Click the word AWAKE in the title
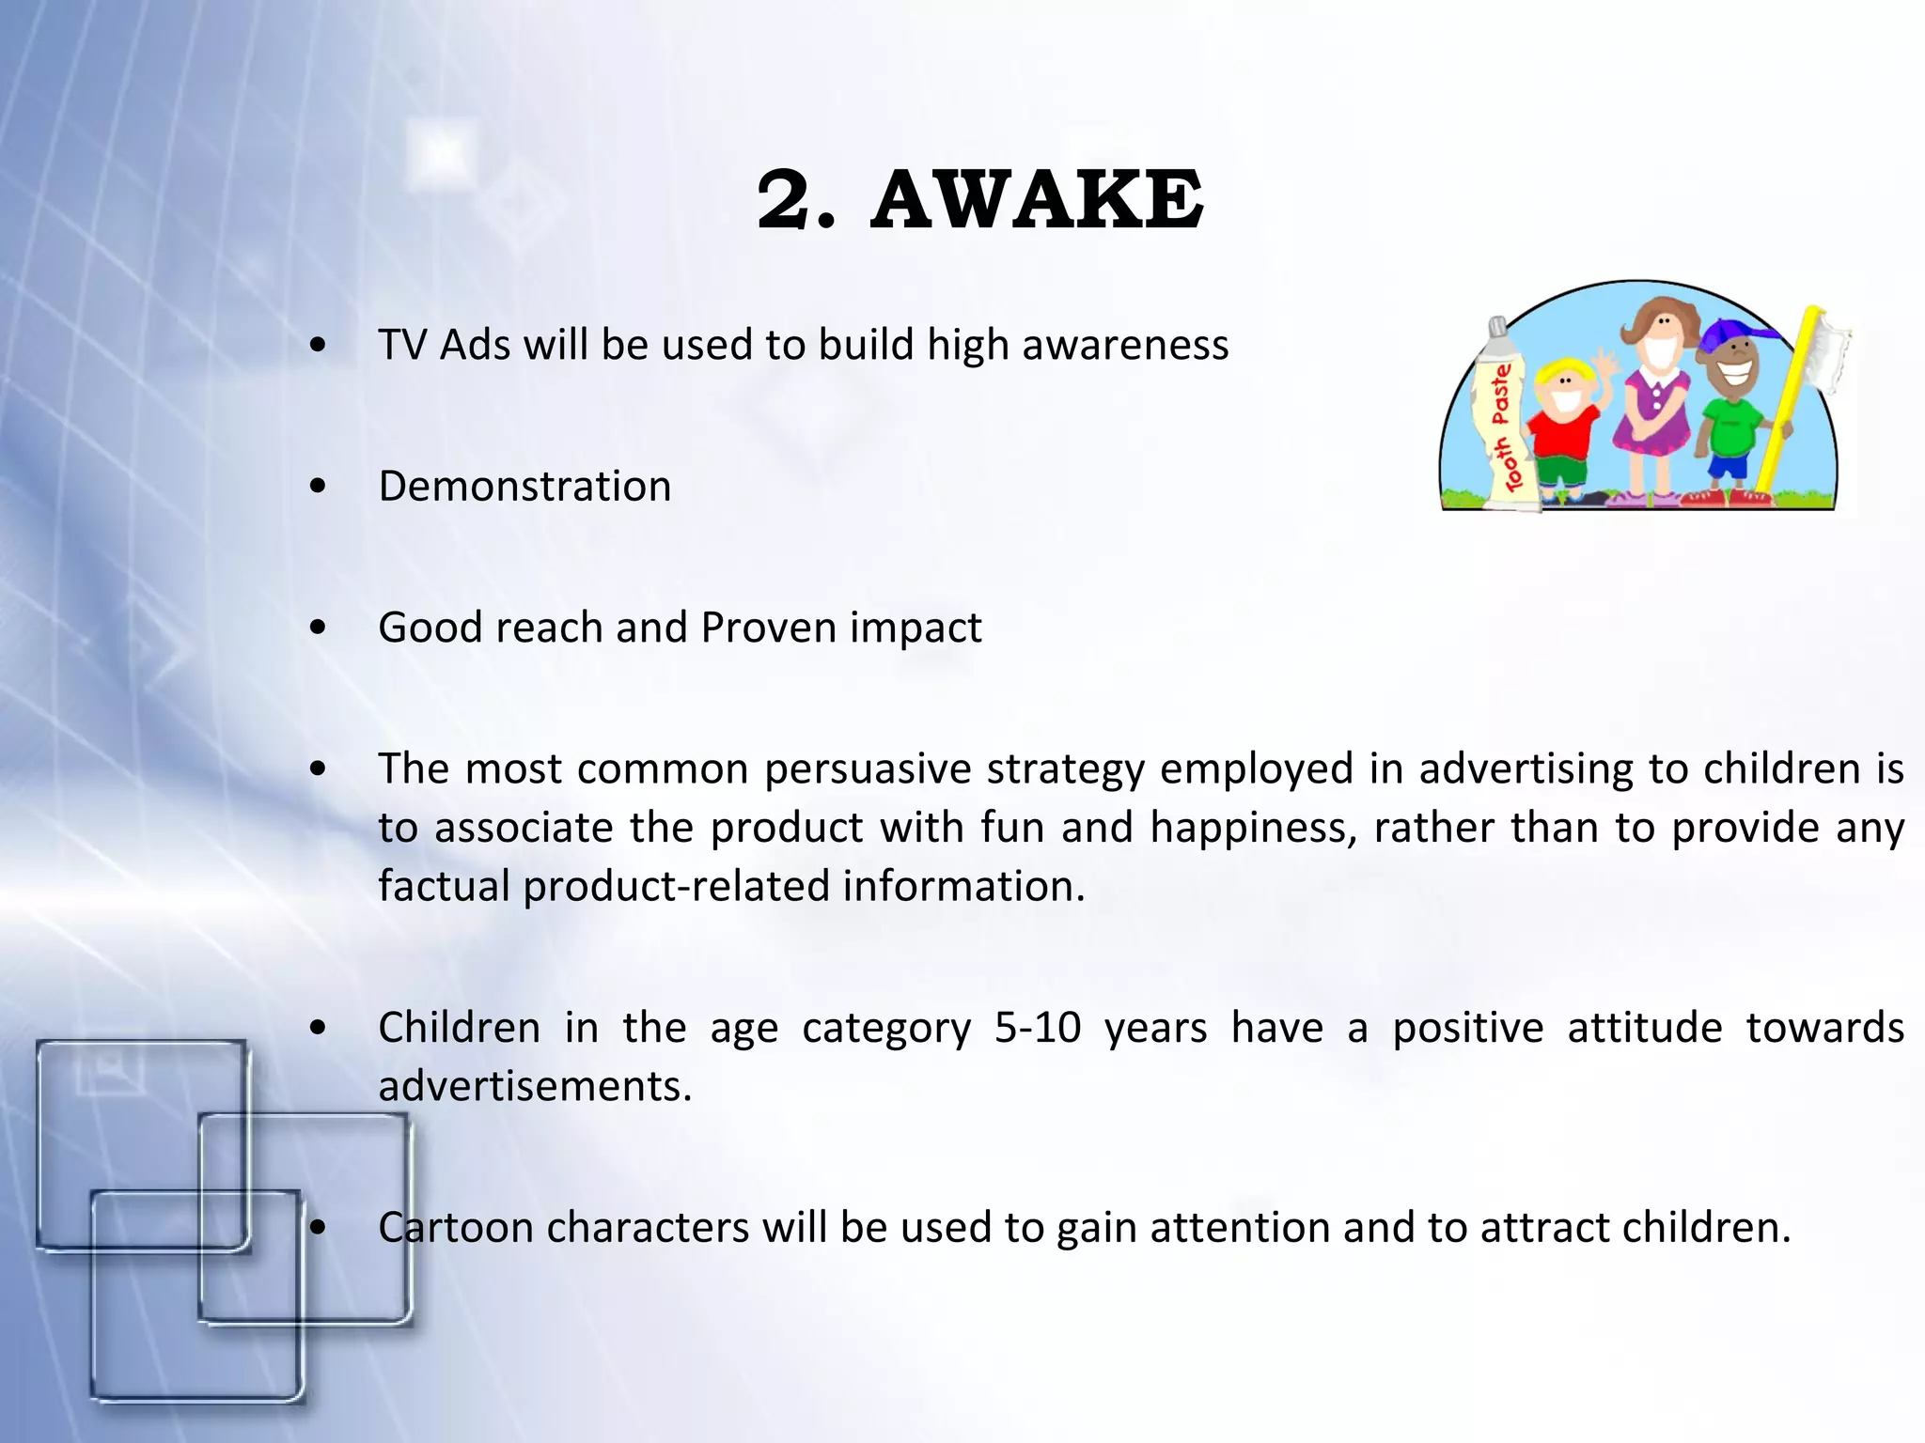(x=1037, y=200)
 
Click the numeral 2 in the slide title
(x=785, y=200)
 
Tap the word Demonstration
(x=524, y=487)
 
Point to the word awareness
(x=1125, y=345)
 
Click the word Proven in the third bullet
(x=768, y=628)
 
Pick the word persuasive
(x=868, y=769)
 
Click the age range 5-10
(x=1038, y=1028)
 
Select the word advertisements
(x=534, y=1087)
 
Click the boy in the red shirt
(x=1563, y=423)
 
